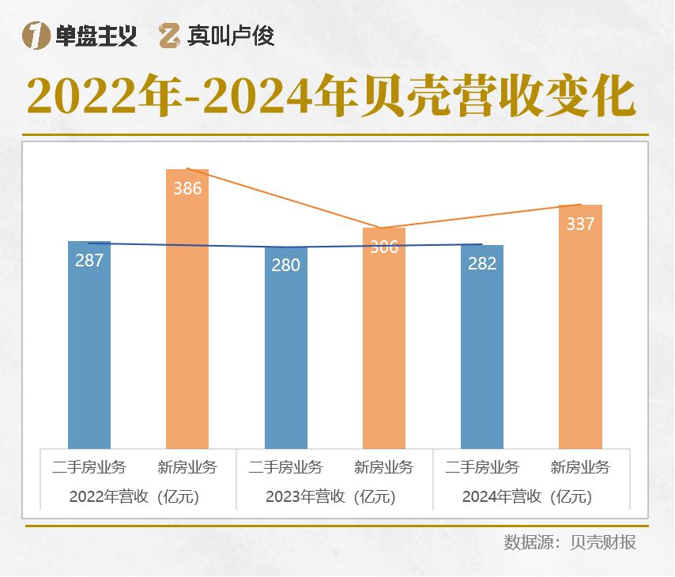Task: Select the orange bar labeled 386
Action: tap(187, 316)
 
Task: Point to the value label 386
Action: tap(187, 189)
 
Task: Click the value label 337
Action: tap(580, 224)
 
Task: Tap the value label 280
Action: tap(286, 266)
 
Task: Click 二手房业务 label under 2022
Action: tap(89, 467)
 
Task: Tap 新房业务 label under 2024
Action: tap(580, 467)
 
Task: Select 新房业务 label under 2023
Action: tap(384, 467)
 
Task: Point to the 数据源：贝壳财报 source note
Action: tap(570, 543)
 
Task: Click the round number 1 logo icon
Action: tap(36, 36)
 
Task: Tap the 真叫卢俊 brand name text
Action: tap(231, 36)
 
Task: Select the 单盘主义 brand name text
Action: tap(96, 36)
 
